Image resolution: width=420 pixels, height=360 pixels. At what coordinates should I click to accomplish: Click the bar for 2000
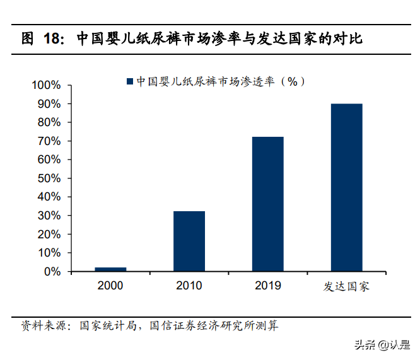[110, 269]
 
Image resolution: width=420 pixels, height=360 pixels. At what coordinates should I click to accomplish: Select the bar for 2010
[189, 241]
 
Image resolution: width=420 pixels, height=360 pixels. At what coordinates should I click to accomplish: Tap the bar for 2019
[268, 204]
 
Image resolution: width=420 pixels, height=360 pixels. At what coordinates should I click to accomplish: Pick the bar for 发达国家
[347, 187]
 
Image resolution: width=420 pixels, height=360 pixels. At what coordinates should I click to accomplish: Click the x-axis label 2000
[110, 286]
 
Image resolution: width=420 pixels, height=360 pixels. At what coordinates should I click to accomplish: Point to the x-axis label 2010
[189, 286]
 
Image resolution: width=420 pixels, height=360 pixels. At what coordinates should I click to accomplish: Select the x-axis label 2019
[268, 286]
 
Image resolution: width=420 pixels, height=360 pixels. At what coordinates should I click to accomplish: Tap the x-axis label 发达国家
[347, 286]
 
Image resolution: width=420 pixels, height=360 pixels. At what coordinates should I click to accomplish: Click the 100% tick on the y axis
[46, 85]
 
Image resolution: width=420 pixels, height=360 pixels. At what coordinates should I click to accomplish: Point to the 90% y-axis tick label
[49, 103]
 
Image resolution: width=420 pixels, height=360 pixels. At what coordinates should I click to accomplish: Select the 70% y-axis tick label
[49, 141]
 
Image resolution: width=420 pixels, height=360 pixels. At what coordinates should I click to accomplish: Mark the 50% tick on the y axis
[49, 178]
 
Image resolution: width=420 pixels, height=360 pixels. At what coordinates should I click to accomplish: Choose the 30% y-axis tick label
[49, 216]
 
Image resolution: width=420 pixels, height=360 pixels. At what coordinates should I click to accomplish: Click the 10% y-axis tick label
[49, 253]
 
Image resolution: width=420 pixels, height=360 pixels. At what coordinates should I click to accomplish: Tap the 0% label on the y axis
[52, 272]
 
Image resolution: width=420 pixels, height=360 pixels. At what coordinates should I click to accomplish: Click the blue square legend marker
[130, 81]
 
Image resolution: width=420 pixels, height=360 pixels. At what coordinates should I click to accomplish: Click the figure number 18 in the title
[52, 38]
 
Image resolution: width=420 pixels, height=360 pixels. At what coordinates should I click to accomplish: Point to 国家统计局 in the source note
[104, 326]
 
